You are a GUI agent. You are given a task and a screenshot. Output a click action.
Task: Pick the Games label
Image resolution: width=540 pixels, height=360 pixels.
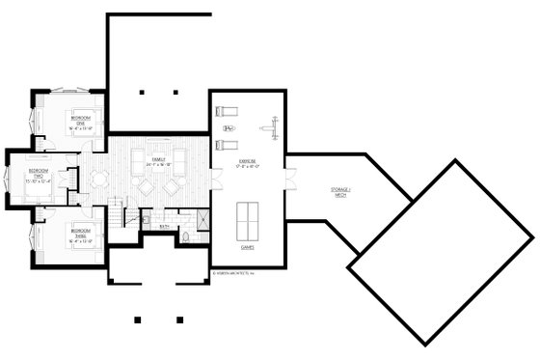pos(246,247)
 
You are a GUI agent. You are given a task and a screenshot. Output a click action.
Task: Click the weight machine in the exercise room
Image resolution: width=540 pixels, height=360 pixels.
pos(271,123)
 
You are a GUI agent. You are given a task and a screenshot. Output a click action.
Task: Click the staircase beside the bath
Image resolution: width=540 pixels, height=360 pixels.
pos(119,212)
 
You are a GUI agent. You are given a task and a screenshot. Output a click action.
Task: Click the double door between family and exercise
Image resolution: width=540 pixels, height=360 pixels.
pos(209,179)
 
